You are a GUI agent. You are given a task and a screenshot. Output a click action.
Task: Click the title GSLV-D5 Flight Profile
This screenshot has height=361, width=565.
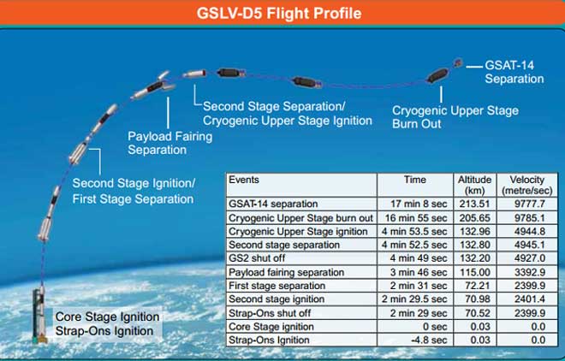tap(279, 14)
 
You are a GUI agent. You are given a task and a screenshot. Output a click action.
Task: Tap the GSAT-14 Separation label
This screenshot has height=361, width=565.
tap(514, 72)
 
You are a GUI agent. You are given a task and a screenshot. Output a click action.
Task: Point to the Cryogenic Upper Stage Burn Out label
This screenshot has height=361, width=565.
tap(455, 117)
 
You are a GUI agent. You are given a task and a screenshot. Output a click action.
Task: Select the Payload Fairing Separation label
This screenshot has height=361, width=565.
tap(170, 143)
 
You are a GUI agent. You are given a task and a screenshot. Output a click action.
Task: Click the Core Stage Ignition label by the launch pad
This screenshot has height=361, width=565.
tap(107, 317)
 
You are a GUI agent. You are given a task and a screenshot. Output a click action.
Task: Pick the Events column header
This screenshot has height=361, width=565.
tap(244, 180)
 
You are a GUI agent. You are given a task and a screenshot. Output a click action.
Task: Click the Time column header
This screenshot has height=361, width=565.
tap(414, 180)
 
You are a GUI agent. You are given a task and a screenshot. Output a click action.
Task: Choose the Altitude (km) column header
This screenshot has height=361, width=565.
tap(474, 185)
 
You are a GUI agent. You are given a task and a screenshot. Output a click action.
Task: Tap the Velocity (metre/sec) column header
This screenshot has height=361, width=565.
tap(527, 185)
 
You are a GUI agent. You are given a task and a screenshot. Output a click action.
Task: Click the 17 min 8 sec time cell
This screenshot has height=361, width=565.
tap(419, 204)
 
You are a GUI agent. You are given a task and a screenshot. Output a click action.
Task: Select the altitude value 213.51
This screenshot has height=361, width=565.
tap(474, 204)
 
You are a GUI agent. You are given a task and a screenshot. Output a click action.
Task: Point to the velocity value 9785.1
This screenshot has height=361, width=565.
tap(530, 218)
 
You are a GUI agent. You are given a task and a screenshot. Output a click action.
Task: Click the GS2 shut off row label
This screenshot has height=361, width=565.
tap(257, 258)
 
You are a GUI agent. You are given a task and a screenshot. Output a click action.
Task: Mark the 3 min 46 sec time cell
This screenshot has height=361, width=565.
tap(419, 272)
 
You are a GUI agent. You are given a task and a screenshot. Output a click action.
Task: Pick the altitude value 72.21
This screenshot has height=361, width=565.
tap(477, 286)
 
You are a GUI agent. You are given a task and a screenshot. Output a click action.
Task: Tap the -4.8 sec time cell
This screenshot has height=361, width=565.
tap(429, 340)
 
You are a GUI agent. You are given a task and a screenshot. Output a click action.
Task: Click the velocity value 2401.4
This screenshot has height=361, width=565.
tap(530, 299)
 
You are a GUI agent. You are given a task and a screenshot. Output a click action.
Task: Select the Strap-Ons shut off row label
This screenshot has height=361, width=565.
tap(270, 313)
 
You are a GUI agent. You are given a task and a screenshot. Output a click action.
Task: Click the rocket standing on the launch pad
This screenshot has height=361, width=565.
tap(39, 314)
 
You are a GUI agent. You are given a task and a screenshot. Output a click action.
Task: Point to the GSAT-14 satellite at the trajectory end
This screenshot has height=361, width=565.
tap(458, 63)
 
